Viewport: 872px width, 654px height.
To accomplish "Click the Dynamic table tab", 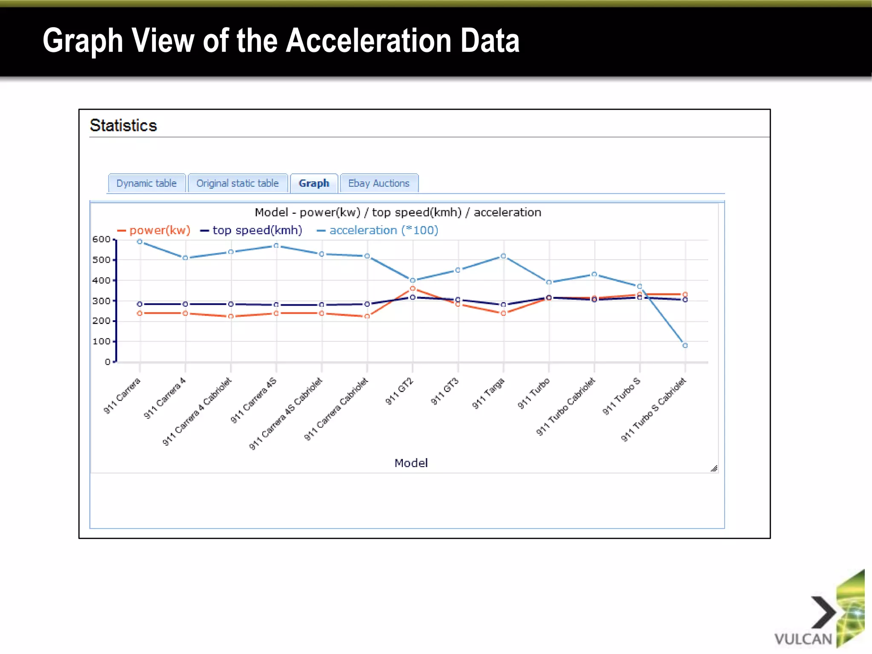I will tap(146, 184).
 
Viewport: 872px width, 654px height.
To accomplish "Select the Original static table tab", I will tap(237, 184).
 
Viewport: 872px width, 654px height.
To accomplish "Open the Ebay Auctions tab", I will tap(379, 184).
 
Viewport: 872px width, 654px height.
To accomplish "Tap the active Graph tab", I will tap(314, 184).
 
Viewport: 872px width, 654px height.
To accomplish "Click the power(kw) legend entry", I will tap(159, 230).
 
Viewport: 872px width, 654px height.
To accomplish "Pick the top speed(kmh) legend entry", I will tap(257, 230).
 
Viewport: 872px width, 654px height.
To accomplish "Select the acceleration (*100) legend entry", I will tap(383, 230).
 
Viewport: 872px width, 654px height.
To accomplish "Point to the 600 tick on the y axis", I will tap(101, 239).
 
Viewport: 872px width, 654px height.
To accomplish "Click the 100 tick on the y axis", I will tap(101, 341).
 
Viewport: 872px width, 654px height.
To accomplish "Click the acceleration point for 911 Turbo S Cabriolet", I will tap(685, 345).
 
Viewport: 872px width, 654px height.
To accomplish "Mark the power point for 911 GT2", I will tap(412, 289).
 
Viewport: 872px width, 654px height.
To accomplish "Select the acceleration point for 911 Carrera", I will tap(140, 242).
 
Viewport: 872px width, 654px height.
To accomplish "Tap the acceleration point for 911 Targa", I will tap(503, 256).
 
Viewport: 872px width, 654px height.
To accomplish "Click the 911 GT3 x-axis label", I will tap(445, 391).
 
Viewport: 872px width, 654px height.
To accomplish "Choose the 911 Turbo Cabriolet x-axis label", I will tap(565, 407).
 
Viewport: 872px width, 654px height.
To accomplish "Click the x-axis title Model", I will tap(411, 463).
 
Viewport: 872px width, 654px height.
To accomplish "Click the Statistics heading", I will tap(123, 126).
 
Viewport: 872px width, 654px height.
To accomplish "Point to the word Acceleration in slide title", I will tap(368, 41).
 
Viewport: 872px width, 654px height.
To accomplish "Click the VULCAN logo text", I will tap(803, 639).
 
